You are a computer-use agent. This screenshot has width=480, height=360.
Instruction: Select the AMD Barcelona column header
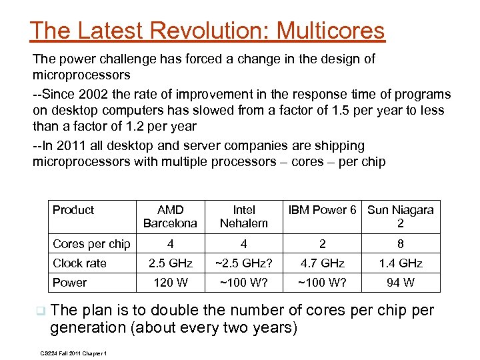(170, 216)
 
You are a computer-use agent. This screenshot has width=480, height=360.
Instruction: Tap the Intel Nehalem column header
(244, 216)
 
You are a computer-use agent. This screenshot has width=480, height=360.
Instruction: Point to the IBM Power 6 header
(323, 210)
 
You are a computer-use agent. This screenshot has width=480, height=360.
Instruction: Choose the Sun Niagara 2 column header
(401, 216)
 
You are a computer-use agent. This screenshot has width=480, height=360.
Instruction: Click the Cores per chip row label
(91, 244)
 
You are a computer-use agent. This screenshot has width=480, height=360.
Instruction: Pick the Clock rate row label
(79, 263)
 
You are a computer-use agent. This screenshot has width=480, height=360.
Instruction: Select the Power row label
(69, 283)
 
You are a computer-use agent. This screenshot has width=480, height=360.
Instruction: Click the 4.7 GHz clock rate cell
(323, 263)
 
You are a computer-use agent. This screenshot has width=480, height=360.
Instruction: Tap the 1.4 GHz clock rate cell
(401, 263)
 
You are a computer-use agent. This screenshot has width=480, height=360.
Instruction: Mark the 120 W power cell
(170, 283)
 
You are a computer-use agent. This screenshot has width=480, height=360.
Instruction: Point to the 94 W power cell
(401, 283)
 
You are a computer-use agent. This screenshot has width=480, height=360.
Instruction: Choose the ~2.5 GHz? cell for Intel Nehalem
(244, 263)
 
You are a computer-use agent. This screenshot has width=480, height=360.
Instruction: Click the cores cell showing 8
(401, 244)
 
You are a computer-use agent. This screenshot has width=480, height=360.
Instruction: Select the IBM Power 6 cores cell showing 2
(323, 244)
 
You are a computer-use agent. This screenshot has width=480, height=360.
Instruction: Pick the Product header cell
(73, 210)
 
